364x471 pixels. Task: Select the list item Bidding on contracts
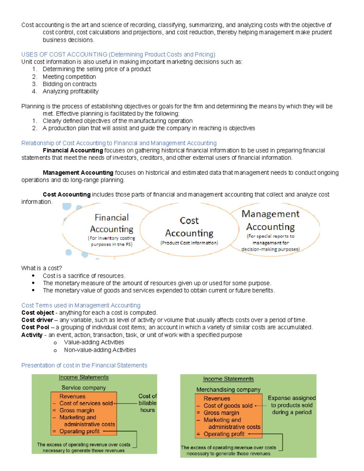point(69,84)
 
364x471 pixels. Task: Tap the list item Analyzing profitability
point(70,91)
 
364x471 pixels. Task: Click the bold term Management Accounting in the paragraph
point(78,173)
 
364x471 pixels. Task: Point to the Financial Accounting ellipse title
point(112,223)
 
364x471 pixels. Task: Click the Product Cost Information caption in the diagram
point(189,243)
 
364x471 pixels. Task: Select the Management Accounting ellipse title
point(270,220)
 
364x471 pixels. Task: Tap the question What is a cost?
point(42,268)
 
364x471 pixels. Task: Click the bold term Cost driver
point(37,320)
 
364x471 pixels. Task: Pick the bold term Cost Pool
point(35,327)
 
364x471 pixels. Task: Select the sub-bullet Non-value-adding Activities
point(100,350)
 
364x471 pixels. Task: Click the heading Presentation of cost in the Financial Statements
point(84,365)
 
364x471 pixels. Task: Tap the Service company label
point(84,388)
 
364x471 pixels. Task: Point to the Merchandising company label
point(228,389)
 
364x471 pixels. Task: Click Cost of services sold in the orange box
point(86,403)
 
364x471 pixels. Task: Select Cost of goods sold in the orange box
point(228,406)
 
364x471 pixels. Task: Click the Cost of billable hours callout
point(147,403)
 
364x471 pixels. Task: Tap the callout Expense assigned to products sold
point(292,405)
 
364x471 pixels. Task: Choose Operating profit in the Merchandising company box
point(224,434)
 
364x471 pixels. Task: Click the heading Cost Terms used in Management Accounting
point(81,305)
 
